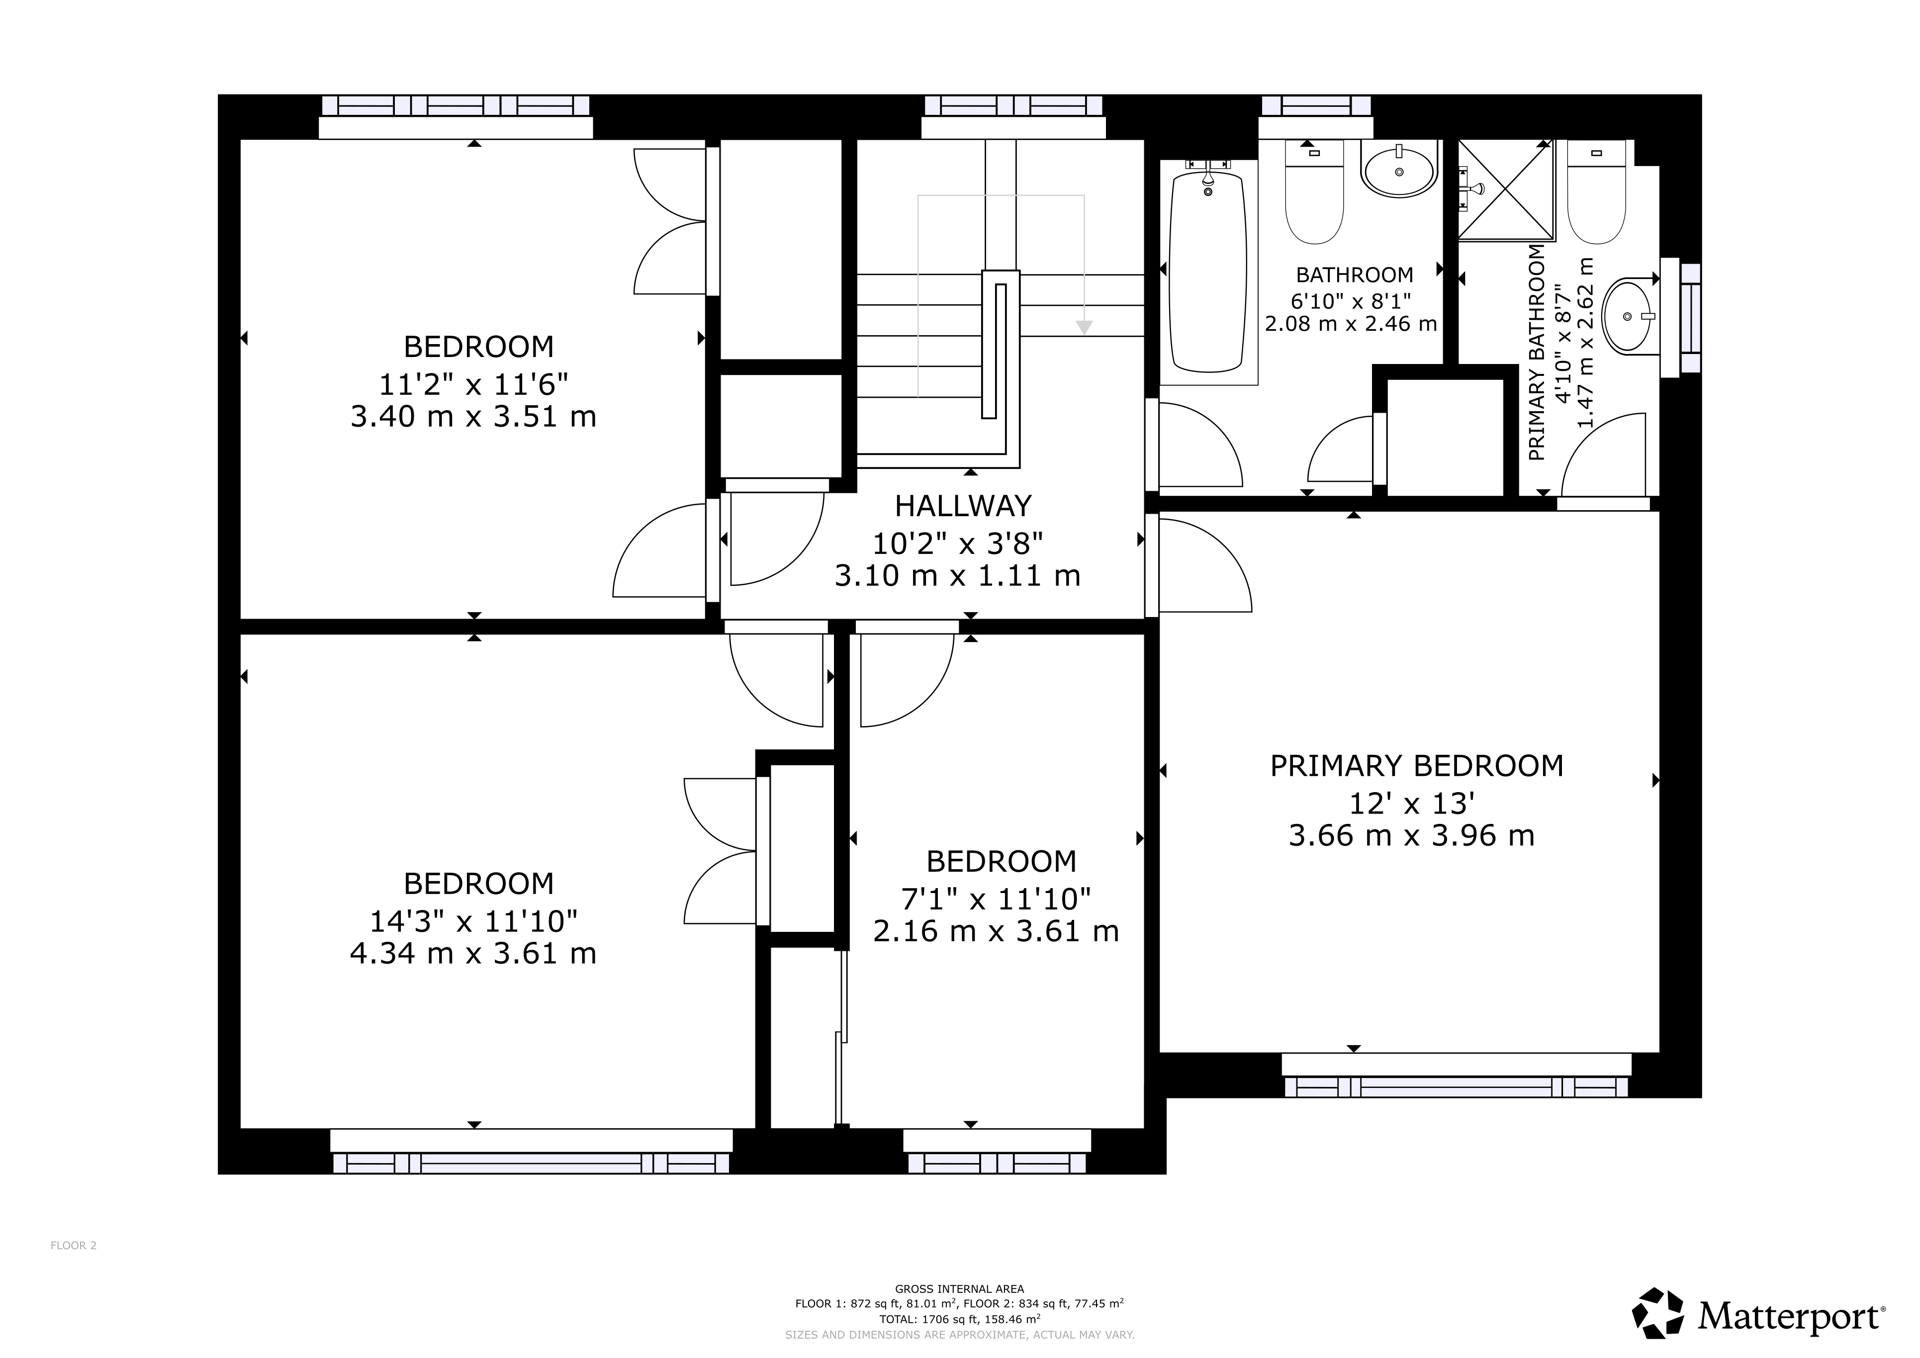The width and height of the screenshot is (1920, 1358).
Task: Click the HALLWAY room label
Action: (x=963, y=506)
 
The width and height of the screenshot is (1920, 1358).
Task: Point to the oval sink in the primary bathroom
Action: (x=1628, y=316)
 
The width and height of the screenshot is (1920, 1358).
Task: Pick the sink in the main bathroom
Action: (x=1399, y=172)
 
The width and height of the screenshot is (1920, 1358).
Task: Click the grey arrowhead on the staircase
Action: (x=1084, y=328)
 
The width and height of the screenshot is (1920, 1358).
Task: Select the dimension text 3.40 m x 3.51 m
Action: (x=473, y=416)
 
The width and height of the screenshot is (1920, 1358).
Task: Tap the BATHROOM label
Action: (x=1355, y=275)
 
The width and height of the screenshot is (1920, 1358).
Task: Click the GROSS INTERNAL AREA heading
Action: (x=959, y=1288)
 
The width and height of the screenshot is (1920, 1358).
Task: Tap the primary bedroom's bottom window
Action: (x=1456, y=1086)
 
